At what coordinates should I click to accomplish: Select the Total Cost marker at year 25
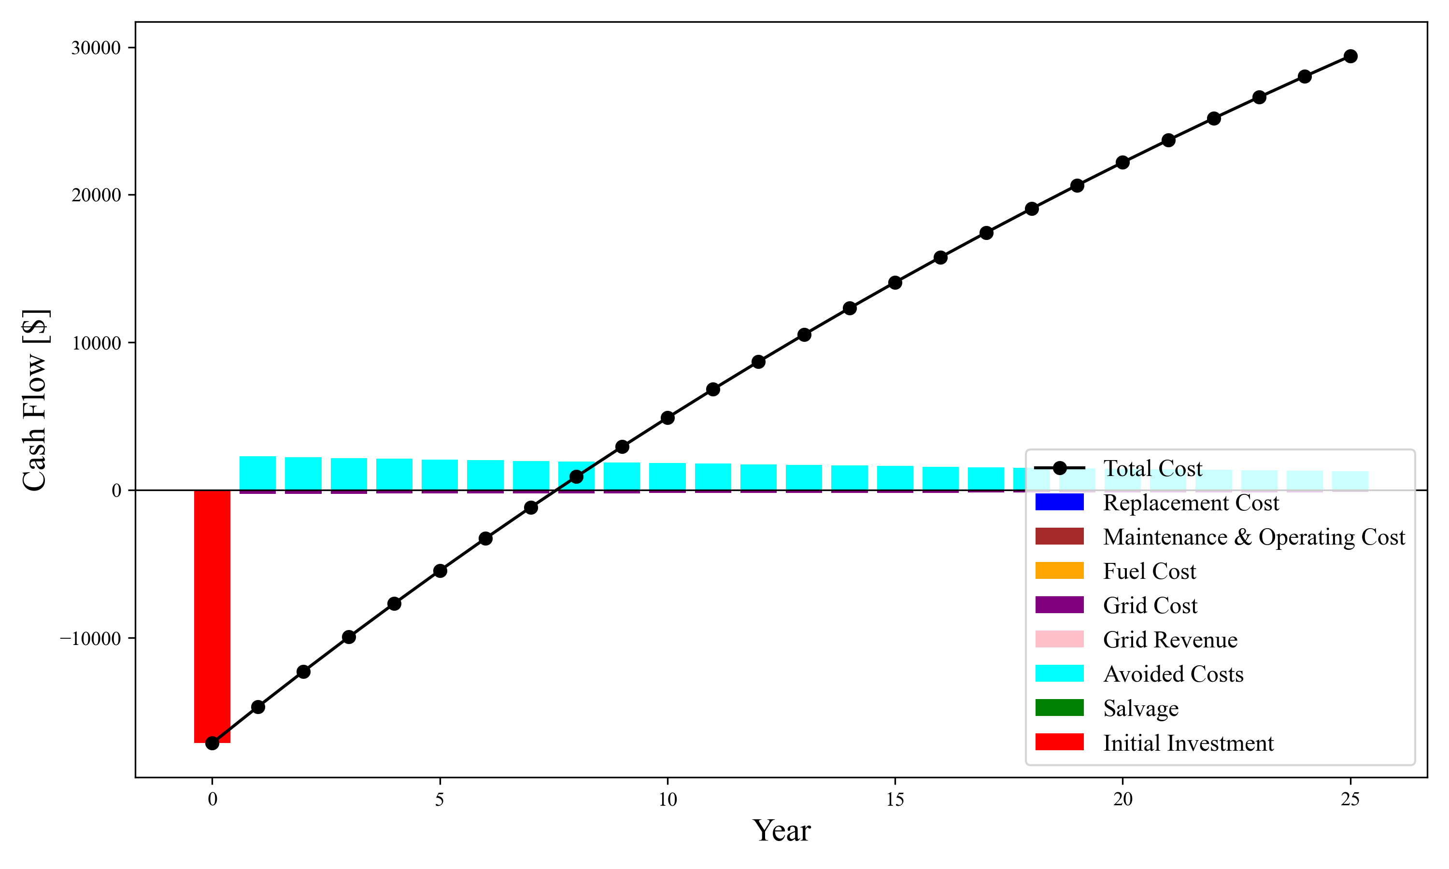click(x=1350, y=56)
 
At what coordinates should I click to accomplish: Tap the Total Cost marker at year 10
click(x=667, y=418)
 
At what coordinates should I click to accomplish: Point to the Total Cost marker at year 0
click(x=212, y=743)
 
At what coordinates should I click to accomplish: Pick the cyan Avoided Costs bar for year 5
click(x=440, y=475)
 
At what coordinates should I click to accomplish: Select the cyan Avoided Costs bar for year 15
click(x=895, y=478)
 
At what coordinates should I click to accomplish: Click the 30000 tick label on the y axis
click(x=96, y=48)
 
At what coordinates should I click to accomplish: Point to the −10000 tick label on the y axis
click(x=90, y=638)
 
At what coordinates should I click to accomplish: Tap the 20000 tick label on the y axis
click(x=96, y=195)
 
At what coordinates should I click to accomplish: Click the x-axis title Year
click(x=781, y=830)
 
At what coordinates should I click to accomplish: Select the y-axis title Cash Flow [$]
click(x=35, y=400)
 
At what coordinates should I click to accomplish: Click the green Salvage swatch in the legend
click(x=1059, y=708)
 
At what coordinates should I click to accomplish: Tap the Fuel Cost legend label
click(x=1149, y=571)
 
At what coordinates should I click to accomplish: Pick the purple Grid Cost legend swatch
click(x=1059, y=605)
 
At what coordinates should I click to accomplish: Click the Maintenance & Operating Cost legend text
click(x=1254, y=537)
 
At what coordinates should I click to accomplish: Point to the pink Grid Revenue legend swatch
click(x=1059, y=640)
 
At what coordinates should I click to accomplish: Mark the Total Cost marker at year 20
click(x=1122, y=162)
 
